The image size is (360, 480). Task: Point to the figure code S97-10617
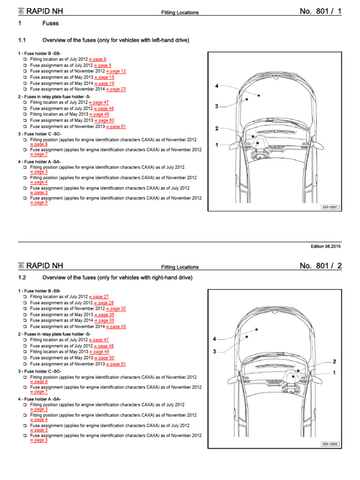(x=330, y=207)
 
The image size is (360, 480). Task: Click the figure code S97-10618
(x=330, y=444)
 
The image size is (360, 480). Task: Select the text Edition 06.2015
(x=326, y=247)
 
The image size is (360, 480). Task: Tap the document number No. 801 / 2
(x=321, y=266)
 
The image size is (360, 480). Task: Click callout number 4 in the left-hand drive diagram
(x=217, y=86)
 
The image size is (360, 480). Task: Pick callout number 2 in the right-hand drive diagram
(x=334, y=361)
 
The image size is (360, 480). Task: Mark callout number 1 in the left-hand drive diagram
(x=217, y=145)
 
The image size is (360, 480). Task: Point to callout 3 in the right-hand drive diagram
(x=214, y=351)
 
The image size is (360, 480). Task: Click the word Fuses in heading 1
(x=51, y=23)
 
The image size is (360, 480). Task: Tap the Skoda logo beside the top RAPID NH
(x=21, y=12)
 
